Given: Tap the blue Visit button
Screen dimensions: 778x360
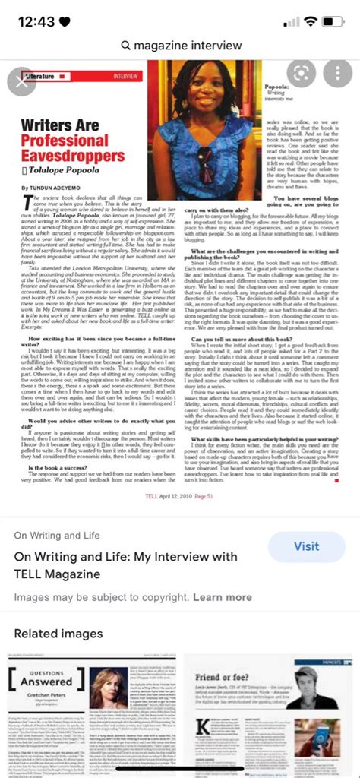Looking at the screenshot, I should click(306, 546).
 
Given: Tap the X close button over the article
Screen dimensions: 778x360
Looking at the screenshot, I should click(21, 78).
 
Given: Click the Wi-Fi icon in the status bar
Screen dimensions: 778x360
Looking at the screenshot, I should click(312, 21).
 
